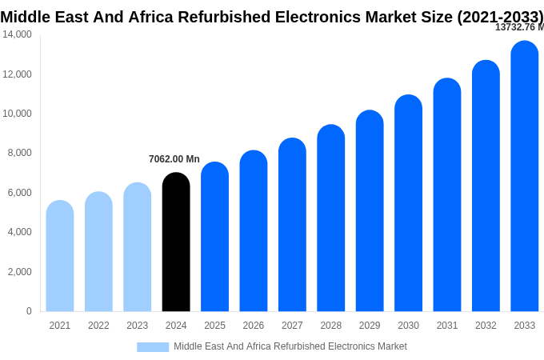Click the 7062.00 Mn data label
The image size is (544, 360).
click(x=174, y=159)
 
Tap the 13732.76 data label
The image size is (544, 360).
click(x=518, y=27)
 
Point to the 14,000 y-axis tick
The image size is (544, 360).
click(x=17, y=34)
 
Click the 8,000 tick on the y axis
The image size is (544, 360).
click(x=20, y=153)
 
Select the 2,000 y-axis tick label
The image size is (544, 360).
click(x=20, y=272)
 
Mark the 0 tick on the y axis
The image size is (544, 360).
click(x=29, y=311)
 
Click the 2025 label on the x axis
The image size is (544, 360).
click(x=214, y=326)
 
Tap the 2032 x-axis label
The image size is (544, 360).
click(x=486, y=326)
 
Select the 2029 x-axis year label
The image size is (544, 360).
click(x=370, y=326)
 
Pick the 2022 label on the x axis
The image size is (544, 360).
click(x=98, y=326)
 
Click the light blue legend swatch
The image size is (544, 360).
click(x=153, y=346)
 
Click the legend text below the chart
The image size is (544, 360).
click(x=290, y=346)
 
